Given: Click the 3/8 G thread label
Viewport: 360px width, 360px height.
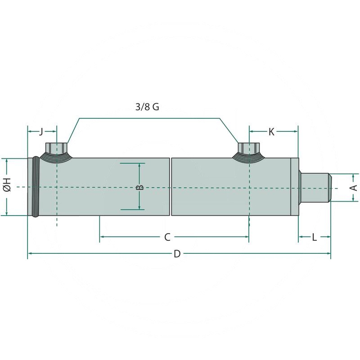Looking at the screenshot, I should point(147,107).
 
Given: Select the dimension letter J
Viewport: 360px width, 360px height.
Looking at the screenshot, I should point(41,131).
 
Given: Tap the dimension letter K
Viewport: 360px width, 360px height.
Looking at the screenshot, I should point(271,131).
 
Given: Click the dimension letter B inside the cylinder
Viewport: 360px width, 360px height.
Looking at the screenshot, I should point(139,187).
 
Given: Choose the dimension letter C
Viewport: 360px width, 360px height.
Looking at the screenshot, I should point(167,237).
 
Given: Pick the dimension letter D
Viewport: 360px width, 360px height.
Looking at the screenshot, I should point(177,254).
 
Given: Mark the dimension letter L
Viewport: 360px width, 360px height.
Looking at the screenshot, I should point(315,237).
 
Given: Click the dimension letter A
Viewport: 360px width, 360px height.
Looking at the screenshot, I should point(354,187).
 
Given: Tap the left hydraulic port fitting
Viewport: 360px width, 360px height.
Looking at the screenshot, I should point(57,151).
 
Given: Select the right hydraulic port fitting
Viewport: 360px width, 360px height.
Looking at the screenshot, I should point(249,151).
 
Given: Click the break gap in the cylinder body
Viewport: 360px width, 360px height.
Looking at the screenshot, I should point(171,187).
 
